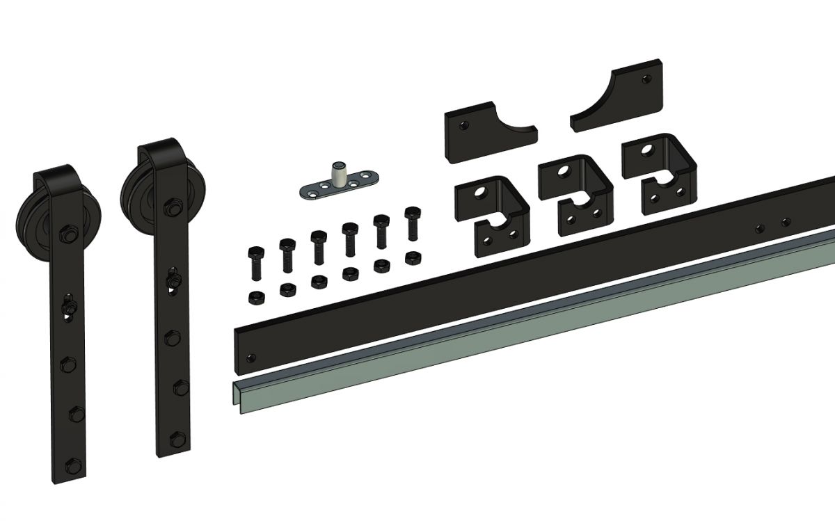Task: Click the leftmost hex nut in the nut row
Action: pos(255,297)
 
